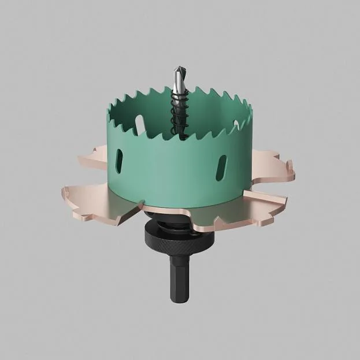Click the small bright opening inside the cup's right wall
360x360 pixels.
pyautogui.click(x=236, y=124)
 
